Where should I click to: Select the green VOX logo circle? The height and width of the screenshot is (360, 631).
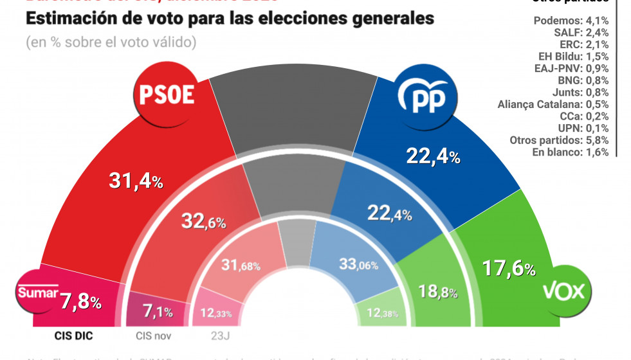[x=563, y=292]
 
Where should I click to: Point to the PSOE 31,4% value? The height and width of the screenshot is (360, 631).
[x=134, y=182]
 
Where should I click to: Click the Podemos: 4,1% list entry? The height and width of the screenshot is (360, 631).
[x=571, y=20]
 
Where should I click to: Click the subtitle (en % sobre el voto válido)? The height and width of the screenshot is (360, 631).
[x=111, y=42]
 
